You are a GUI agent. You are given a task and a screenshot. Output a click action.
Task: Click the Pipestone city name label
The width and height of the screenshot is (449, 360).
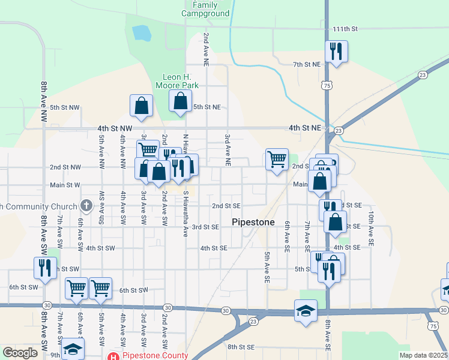coord(253,222)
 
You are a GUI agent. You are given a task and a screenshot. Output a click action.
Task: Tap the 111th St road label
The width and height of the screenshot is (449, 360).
coord(345,29)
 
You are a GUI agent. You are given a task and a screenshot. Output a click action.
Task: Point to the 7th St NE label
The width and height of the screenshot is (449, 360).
coord(307,64)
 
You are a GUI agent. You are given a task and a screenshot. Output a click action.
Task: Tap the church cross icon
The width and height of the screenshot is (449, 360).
coord(86,206)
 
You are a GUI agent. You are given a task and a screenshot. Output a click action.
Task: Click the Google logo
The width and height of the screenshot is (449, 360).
coord(19,353)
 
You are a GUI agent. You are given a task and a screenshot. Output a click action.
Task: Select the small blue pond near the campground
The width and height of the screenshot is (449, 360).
coord(141,32)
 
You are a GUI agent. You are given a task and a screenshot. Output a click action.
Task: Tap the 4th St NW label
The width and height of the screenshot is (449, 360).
coord(114,128)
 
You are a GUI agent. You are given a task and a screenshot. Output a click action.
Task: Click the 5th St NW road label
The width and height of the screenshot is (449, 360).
coord(65,107)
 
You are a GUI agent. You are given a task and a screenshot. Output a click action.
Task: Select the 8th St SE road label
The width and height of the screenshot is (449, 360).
coord(241,347)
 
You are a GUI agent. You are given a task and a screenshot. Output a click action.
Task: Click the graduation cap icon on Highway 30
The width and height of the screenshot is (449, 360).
coord(306,310)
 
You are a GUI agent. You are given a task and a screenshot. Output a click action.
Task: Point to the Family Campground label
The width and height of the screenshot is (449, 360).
coord(205,9)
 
